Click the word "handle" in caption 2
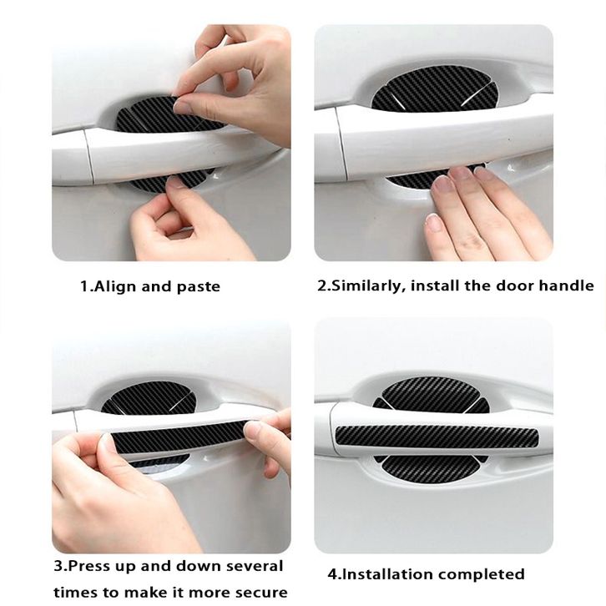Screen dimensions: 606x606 pyautogui.click(x=566, y=285)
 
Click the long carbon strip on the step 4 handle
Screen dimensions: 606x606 pyautogui.click(x=437, y=436)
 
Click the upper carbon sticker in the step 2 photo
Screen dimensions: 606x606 pyautogui.click(x=433, y=88)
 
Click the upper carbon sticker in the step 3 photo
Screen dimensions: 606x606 pyautogui.click(x=153, y=398)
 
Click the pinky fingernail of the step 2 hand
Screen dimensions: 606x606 pyautogui.click(x=432, y=222)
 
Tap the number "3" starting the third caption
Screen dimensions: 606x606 pyautogui.click(x=58, y=567)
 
